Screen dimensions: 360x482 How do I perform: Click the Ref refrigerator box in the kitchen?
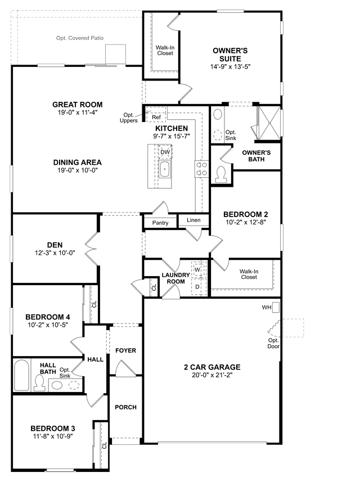(156, 114)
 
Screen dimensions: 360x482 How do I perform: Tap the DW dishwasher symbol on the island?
(165, 152)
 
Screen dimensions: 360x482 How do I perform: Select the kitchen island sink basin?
(165, 169)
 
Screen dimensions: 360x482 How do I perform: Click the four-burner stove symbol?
(202, 169)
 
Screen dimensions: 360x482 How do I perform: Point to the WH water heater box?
(276, 308)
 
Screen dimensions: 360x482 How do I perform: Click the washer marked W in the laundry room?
(199, 269)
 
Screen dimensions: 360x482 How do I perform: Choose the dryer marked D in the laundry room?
(199, 287)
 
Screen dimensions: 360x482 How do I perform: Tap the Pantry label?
(160, 223)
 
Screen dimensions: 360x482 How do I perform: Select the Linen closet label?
(193, 220)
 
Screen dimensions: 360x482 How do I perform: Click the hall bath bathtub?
(21, 375)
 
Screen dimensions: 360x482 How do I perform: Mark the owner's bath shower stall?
(269, 123)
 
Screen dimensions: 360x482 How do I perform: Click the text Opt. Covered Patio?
(80, 38)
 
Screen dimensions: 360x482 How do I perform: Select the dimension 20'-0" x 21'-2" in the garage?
(212, 375)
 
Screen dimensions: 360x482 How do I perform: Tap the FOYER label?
(126, 350)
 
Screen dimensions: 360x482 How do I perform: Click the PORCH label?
(126, 407)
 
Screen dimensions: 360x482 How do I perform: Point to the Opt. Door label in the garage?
(273, 344)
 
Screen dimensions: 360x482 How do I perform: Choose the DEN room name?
(55, 245)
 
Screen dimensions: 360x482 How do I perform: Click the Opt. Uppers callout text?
(128, 118)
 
